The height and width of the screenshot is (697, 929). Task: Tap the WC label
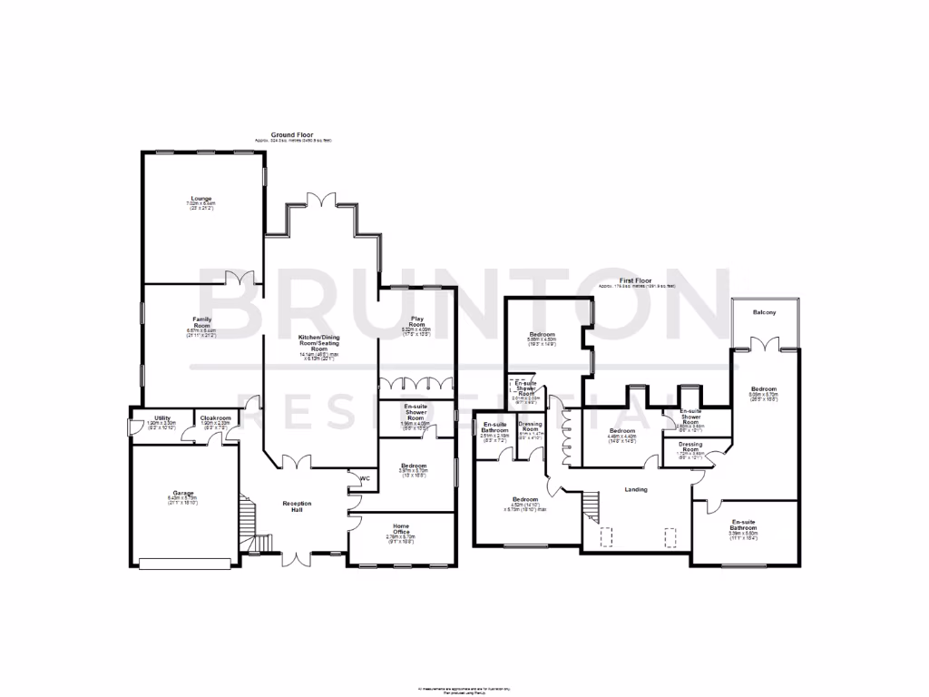point(365,478)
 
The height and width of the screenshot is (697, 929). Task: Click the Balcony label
point(765,312)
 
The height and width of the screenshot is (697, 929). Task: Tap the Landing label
point(636,490)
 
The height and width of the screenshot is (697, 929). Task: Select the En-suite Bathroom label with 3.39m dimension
point(744,525)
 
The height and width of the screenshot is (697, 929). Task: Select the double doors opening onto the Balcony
point(765,344)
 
